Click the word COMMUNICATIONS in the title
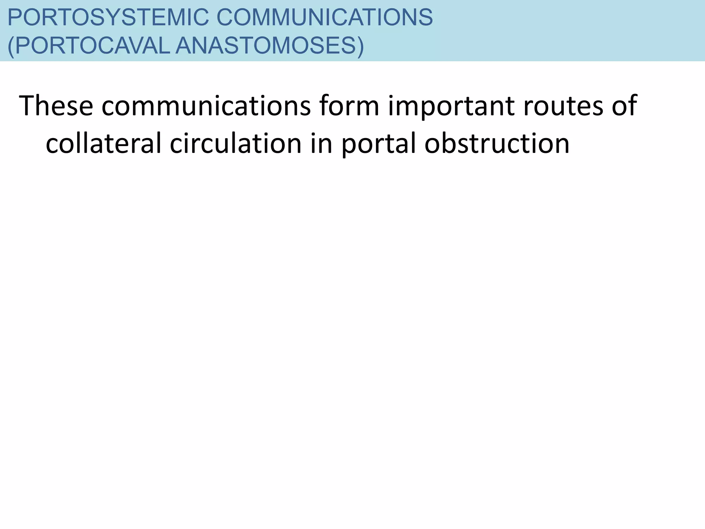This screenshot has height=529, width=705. pyautogui.click(x=324, y=17)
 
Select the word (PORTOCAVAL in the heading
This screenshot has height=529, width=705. pyautogui.click(x=88, y=46)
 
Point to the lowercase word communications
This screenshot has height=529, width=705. pyautogui.click(x=206, y=105)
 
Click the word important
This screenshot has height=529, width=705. pyautogui.click(x=451, y=105)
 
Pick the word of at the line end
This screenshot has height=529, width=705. pyautogui.click(x=624, y=105)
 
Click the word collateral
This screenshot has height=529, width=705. pyautogui.click(x=103, y=143)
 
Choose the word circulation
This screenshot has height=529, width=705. pyautogui.click(x=236, y=143)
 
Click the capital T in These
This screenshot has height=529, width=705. pyautogui.click(x=27, y=105)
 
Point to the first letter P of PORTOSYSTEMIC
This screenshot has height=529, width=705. pyautogui.click(x=14, y=17)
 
